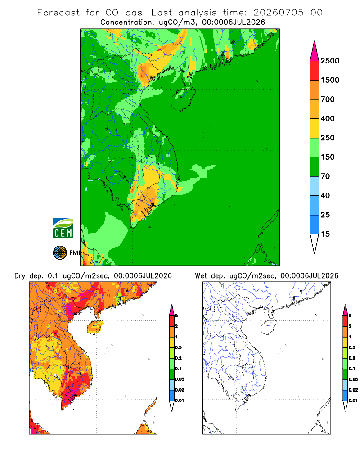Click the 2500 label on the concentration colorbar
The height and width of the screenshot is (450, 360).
pyautogui.click(x=330, y=61)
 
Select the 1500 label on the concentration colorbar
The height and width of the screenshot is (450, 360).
pyautogui.click(x=330, y=80)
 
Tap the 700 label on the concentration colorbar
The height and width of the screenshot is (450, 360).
pyautogui.click(x=328, y=99)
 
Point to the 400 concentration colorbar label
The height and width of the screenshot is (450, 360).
pyautogui.click(x=328, y=118)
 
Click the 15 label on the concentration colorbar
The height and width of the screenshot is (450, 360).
pyautogui.click(x=325, y=234)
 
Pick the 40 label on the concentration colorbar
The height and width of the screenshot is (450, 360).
pyautogui.click(x=325, y=196)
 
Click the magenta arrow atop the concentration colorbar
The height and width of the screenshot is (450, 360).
pyautogui.click(x=315, y=52)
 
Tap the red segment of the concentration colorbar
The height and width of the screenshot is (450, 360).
pyautogui.click(x=315, y=71)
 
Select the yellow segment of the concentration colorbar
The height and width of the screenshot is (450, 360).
pyautogui.click(x=315, y=128)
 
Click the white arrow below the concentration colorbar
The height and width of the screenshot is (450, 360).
pyautogui.click(x=315, y=243)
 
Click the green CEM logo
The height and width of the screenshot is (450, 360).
pyautogui.click(x=63, y=229)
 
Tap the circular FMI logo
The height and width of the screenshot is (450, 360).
pyautogui.click(x=60, y=253)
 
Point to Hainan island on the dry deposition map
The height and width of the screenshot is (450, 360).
pyautogui.click(x=95, y=327)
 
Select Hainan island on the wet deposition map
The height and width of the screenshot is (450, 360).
pyautogui.click(x=269, y=327)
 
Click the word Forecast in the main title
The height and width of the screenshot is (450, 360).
pyautogui.click(x=58, y=13)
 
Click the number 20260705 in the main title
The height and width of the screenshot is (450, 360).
pyautogui.click(x=278, y=13)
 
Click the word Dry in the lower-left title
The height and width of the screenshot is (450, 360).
pyautogui.click(x=20, y=276)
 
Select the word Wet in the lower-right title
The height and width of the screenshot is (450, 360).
pyautogui.click(x=201, y=276)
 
